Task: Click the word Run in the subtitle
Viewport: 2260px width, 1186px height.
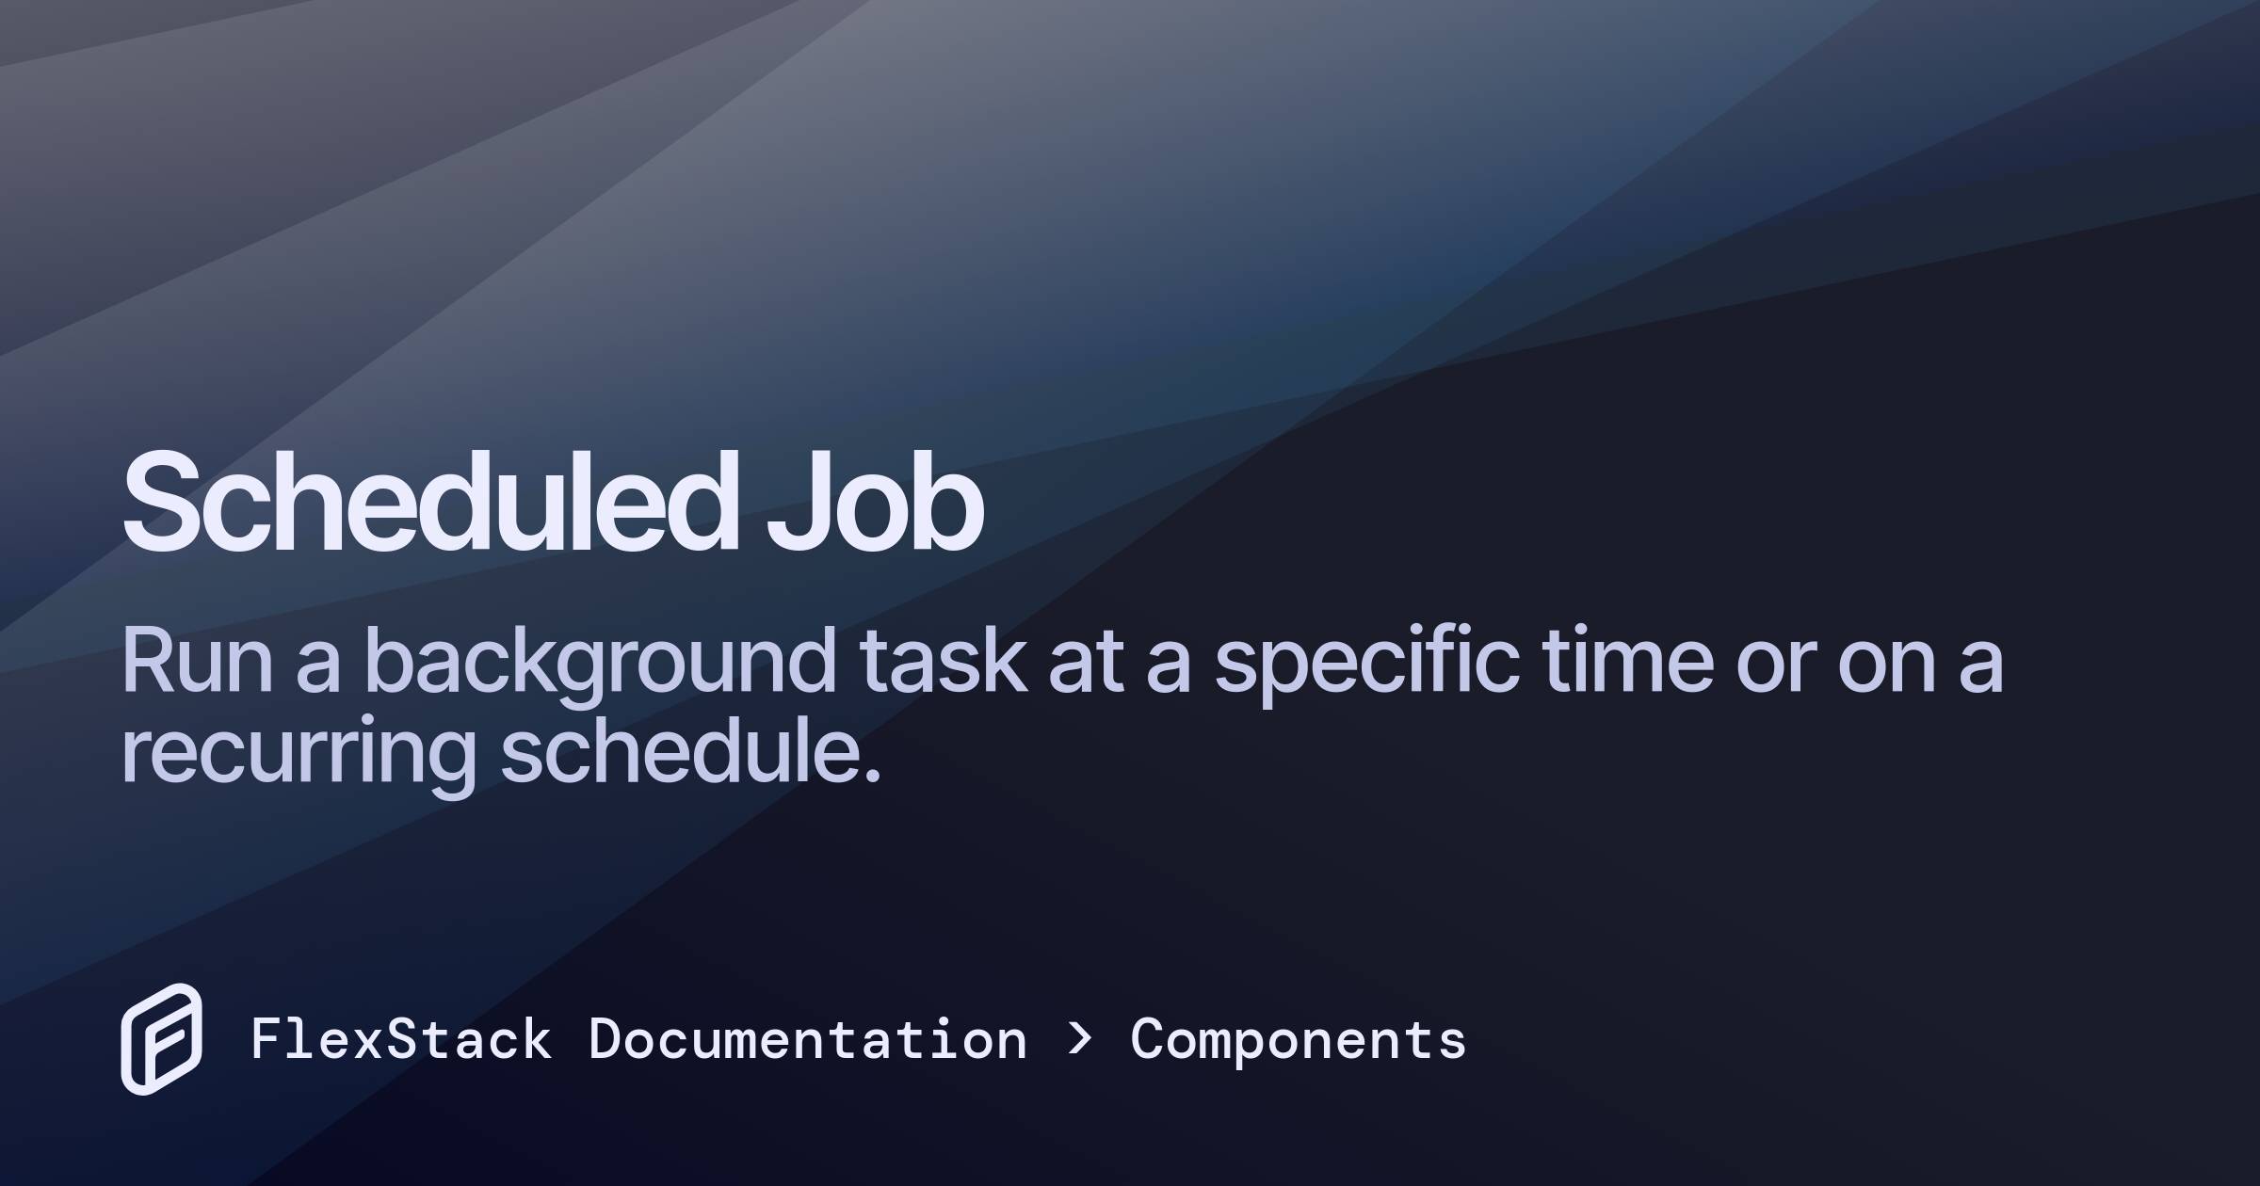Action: (196, 661)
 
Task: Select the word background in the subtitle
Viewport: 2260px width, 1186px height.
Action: (599, 663)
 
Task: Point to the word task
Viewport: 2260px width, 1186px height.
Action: (942, 661)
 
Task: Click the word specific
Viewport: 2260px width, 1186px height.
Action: (1365, 663)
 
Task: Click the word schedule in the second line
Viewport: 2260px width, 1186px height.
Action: (678, 751)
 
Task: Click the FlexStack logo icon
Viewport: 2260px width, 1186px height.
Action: (161, 1039)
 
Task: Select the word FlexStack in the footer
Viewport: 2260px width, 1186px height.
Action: (401, 1040)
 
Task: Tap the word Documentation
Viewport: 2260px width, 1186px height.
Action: (807, 1040)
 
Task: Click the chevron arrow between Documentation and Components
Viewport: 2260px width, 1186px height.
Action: (1080, 1038)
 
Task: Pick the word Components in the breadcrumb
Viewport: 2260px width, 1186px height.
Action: (1298, 1040)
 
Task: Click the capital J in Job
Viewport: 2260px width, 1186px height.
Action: (791, 501)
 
